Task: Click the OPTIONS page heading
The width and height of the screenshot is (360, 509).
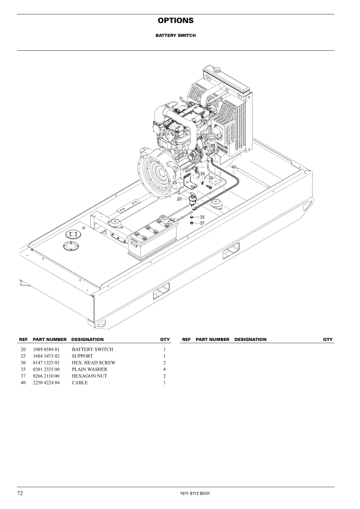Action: point(175,21)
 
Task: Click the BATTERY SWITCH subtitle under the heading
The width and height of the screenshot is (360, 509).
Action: point(175,36)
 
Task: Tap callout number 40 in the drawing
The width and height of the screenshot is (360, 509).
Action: point(234,167)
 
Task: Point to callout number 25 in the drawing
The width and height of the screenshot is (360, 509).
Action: point(174,183)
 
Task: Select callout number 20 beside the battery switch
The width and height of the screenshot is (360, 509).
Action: point(179,199)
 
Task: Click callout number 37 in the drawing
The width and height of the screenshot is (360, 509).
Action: point(202,223)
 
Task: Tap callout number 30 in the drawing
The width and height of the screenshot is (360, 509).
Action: point(211,178)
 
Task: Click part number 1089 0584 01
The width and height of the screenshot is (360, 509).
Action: point(46,349)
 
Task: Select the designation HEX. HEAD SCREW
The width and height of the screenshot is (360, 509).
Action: point(94,363)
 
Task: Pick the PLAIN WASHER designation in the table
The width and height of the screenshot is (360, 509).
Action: point(90,369)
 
